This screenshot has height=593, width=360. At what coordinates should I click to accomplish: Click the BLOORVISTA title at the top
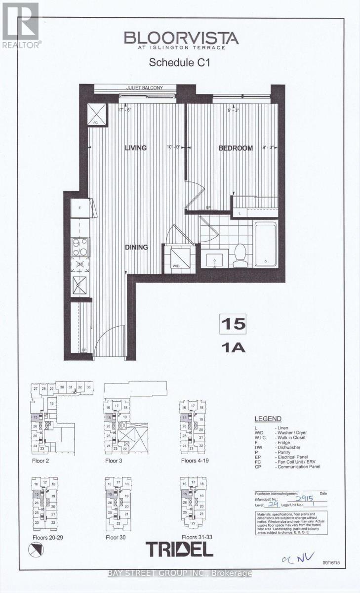pyautogui.click(x=181, y=38)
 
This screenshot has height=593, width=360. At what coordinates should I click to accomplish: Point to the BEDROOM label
pyautogui.click(x=236, y=148)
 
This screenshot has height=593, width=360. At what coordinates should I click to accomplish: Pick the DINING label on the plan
pyautogui.click(x=136, y=247)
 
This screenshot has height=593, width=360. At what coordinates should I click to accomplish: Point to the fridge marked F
pyautogui.click(x=80, y=208)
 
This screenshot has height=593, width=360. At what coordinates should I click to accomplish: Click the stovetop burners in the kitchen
pyautogui.click(x=80, y=247)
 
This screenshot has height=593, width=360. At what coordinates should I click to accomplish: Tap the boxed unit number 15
pyautogui.click(x=233, y=324)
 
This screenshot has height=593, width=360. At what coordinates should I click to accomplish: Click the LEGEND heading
pyautogui.click(x=268, y=419)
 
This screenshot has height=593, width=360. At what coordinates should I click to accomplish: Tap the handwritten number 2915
pyautogui.click(x=302, y=499)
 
